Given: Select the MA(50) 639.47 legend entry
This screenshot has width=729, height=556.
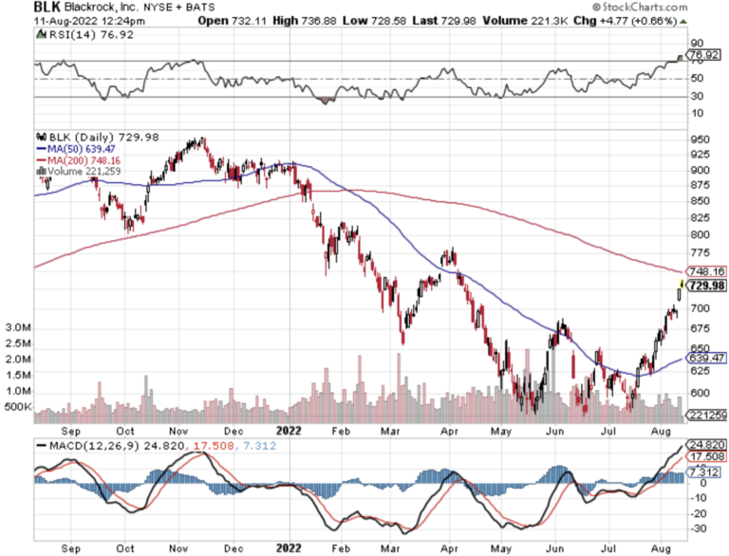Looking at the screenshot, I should (75, 149).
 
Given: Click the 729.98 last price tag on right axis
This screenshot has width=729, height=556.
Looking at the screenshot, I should (706, 286).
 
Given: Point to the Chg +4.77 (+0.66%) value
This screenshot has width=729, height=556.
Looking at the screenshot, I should (637, 23).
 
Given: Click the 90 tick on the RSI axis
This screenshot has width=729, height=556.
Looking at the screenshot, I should (696, 44).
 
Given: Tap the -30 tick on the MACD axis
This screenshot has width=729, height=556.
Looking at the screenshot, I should (698, 528).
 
